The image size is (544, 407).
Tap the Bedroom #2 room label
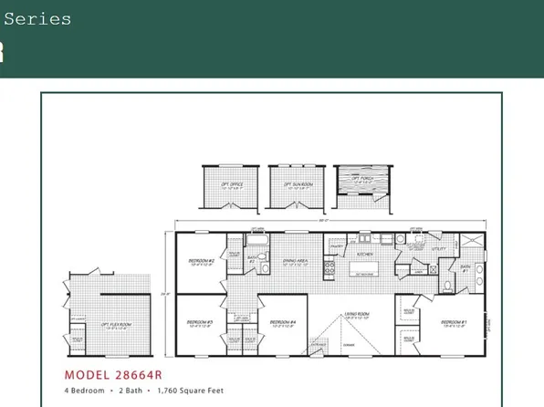(201, 260)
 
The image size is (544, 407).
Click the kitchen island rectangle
(364, 270)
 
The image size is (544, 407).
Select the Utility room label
(424, 246)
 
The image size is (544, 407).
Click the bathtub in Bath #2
(257, 241)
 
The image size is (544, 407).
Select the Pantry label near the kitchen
(335, 245)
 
